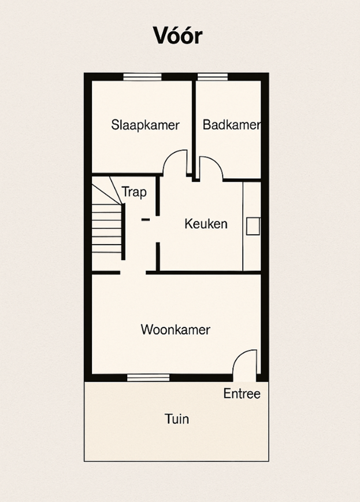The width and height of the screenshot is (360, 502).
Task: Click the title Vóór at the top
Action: click(x=177, y=35)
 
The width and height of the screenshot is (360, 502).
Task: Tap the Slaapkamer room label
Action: click(x=145, y=125)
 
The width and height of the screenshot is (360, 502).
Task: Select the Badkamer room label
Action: click(x=232, y=124)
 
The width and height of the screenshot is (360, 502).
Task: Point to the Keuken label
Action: click(x=206, y=223)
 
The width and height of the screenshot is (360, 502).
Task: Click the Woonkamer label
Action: click(x=175, y=330)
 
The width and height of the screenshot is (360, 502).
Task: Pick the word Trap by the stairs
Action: click(x=134, y=193)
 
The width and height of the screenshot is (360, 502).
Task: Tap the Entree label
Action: click(x=242, y=393)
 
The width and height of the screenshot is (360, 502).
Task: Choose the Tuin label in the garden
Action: click(x=177, y=419)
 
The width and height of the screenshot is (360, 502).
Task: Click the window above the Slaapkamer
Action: click(x=142, y=77)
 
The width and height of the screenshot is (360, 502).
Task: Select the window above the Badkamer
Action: click(x=213, y=77)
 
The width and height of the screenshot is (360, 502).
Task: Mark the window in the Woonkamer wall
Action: click(x=148, y=378)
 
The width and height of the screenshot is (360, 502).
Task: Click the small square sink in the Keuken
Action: click(x=253, y=226)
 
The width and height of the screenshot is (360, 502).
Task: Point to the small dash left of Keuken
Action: click(x=146, y=219)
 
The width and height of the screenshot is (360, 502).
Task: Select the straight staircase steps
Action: click(x=107, y=228)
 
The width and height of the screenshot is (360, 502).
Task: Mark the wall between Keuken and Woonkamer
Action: click(x=203, y=273)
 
